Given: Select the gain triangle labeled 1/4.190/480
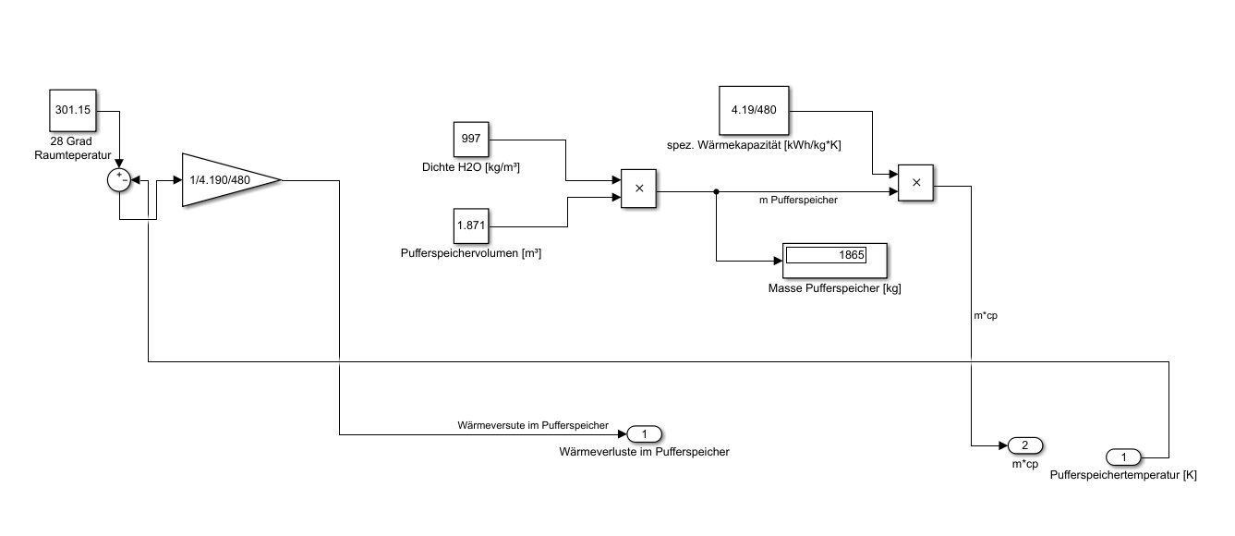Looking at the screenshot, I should pyautogui.click(x=226, y=178).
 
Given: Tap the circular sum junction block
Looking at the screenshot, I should pyautogui.click(x=119, y=180).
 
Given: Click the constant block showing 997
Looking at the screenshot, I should pyautogui.click(x=471, y=140).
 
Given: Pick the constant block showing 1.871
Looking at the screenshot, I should pyautogui.click(x=471, y=225).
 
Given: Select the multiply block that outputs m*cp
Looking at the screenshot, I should pyautogui.click(x=915, y=182).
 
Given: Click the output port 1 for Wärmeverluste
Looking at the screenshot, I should pyautogui.click(x=645, y=433).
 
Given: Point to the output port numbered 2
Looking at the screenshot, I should pyautogui.click(x=1025, y=445).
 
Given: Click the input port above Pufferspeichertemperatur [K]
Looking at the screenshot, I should pyautogui.click(x=1123, y=457).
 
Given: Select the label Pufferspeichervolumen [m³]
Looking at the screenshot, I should pyautogui.click(x=470, y=252).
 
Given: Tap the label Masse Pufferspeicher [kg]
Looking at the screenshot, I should pyautogui.click(x=834, y=288).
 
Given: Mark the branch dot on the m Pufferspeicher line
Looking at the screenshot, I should pyautogui.click(x=716, y=191).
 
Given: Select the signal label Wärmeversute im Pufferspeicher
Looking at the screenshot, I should pyautogui.click(x=533, y=426).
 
